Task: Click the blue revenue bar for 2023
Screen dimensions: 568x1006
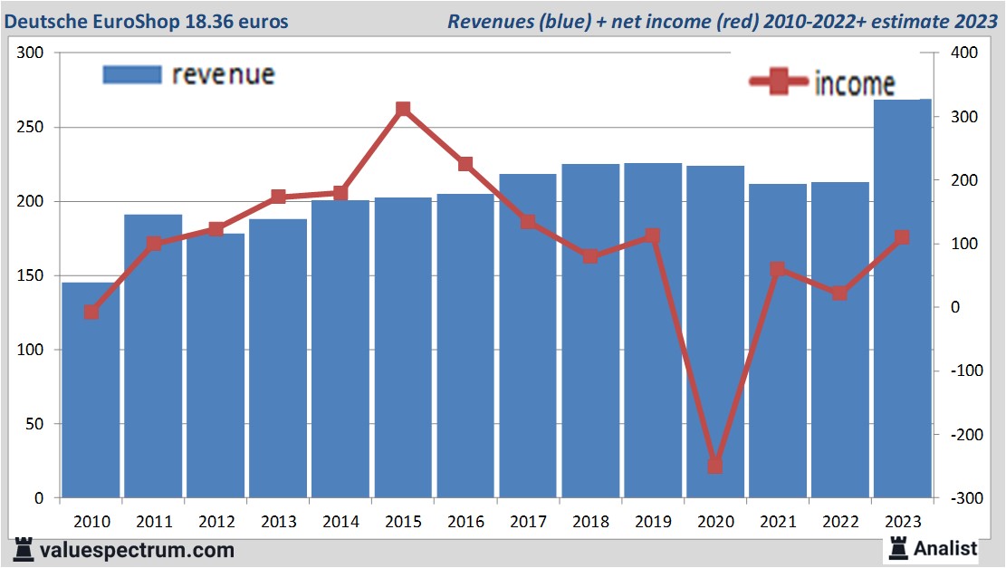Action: pos(902,299)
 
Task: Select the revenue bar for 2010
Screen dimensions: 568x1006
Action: pos(91,390)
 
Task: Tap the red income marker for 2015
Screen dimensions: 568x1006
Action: pos(403,109)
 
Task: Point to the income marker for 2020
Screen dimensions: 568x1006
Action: pos(714,466)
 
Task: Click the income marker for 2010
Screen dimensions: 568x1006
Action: pos(91,312)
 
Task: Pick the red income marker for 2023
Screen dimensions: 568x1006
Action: pos(902,237)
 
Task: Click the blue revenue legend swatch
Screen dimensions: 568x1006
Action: pos(132,74)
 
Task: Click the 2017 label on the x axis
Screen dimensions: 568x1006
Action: pos(528,522)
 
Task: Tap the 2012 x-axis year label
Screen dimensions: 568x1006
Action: pos(216,522)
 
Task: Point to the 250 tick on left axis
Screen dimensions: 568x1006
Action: pos(31,128)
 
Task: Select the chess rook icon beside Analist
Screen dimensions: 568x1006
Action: pos(898,547)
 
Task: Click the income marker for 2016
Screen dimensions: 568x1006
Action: pos(465,164)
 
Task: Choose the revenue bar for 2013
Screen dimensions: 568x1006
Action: pos(278,358)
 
